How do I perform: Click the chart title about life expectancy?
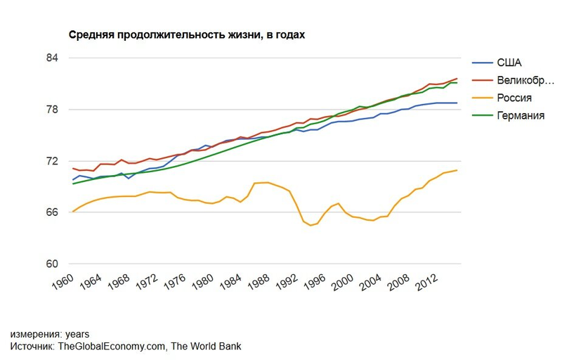click(x=185, y=34)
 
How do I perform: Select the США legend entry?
click(x=510, y=63)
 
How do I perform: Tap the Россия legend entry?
click(x=514, y=98)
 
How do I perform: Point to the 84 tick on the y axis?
click(x=51, y=58)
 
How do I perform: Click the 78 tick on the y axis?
click(x=51, y=110)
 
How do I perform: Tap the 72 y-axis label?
click(x=51, y=161)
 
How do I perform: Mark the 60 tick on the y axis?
click(x=51, y=264)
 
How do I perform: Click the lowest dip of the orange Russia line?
click(x=311, y=225)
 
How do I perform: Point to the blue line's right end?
click(x=457, y=103)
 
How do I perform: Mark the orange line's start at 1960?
click(x=73, y=211)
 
